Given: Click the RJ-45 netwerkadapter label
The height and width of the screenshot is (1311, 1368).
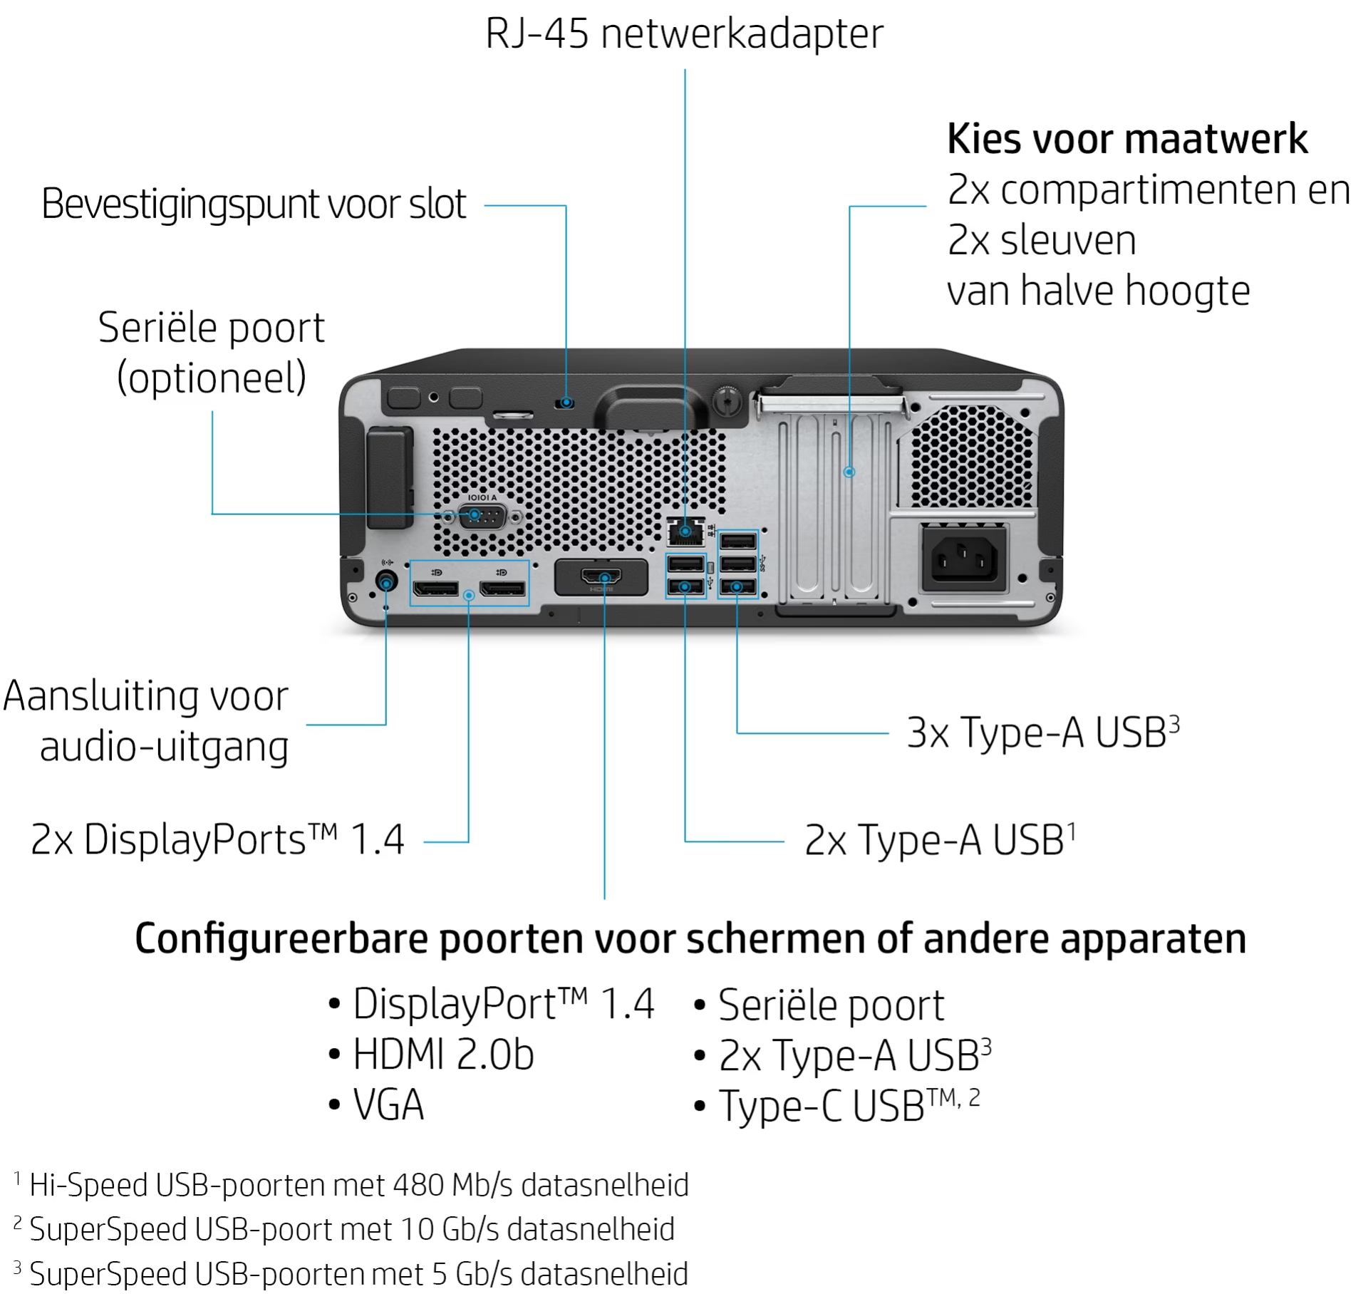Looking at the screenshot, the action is click(684, 33).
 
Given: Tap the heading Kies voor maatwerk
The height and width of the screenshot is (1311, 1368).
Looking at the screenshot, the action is click(1127, 138).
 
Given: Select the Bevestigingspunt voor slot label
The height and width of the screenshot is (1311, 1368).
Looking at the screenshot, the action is click(254, 204).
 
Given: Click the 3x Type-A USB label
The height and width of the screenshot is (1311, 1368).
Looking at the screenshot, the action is click(1043, 732).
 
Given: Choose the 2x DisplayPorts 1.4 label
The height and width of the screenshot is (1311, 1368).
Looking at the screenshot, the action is click(217, 839).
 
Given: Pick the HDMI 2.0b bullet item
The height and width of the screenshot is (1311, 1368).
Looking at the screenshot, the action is click(431, 1054).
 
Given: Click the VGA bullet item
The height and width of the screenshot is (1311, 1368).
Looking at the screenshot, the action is click(376, 1105).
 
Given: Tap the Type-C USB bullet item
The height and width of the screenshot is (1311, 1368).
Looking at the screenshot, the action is click(837, 1106).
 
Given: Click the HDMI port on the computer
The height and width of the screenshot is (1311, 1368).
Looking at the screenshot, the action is click(602, 576).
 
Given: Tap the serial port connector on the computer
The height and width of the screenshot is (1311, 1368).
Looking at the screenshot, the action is click(482, 516).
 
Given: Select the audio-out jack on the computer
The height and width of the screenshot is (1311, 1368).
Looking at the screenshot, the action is click(386, 582).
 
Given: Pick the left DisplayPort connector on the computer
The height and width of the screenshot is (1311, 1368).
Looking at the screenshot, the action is click(435, 589).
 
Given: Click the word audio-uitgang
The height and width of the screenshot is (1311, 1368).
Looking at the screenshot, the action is click(164, 747).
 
